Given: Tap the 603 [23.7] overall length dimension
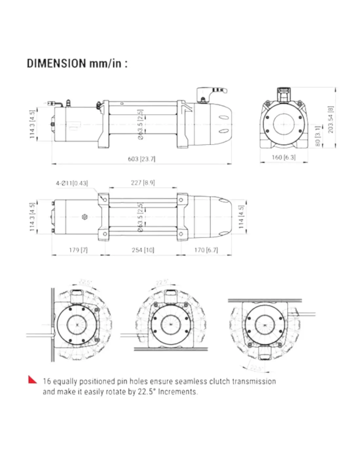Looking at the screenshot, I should point(141,159).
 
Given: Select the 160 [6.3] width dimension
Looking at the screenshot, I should point(283,157).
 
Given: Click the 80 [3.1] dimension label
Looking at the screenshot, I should point(317,136).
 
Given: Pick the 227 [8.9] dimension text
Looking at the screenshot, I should point(143,183).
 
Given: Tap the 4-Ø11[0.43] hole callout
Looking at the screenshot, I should point(72,183).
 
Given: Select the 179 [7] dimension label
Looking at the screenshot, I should point(78,250).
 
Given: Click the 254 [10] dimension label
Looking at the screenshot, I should point(143,250).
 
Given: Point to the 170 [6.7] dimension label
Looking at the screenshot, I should point(206,250).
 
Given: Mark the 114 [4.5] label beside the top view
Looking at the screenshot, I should point(241,217).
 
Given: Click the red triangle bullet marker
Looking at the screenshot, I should point(32,380).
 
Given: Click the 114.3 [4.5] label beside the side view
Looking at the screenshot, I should point(32,124).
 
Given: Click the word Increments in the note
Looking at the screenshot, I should point(178,392).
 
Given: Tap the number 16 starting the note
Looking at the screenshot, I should point(47,381).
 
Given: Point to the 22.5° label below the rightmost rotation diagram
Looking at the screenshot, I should point(256,368).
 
